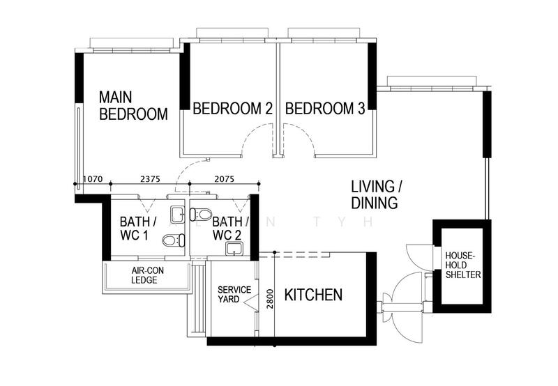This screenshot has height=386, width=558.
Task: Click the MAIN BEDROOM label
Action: (133, 105)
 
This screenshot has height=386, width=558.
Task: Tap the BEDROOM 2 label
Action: (232, 109)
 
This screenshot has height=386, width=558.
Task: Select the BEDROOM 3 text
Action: (325, 109)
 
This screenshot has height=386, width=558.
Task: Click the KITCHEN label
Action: (313, 295)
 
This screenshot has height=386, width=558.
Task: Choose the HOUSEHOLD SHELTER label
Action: (462, 264)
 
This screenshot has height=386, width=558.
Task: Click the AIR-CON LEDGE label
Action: (147, 275)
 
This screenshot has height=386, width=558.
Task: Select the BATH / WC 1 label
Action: (135, 229)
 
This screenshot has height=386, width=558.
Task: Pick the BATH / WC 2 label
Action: (227, 229)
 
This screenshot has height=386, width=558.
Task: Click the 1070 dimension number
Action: (93, 179)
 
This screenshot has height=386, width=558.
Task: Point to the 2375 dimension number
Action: (151, 179)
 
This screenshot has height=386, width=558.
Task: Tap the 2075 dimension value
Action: (225, 179)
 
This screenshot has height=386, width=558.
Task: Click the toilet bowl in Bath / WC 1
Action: (171, 241)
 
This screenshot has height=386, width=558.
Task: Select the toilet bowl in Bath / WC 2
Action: (202, 213)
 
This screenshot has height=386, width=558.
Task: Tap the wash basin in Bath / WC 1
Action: (178, 213)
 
